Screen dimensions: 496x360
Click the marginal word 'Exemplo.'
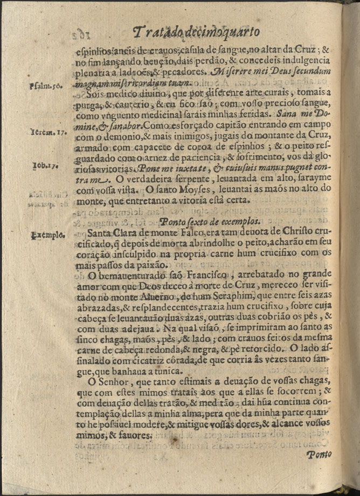click(x=48, y=235)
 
